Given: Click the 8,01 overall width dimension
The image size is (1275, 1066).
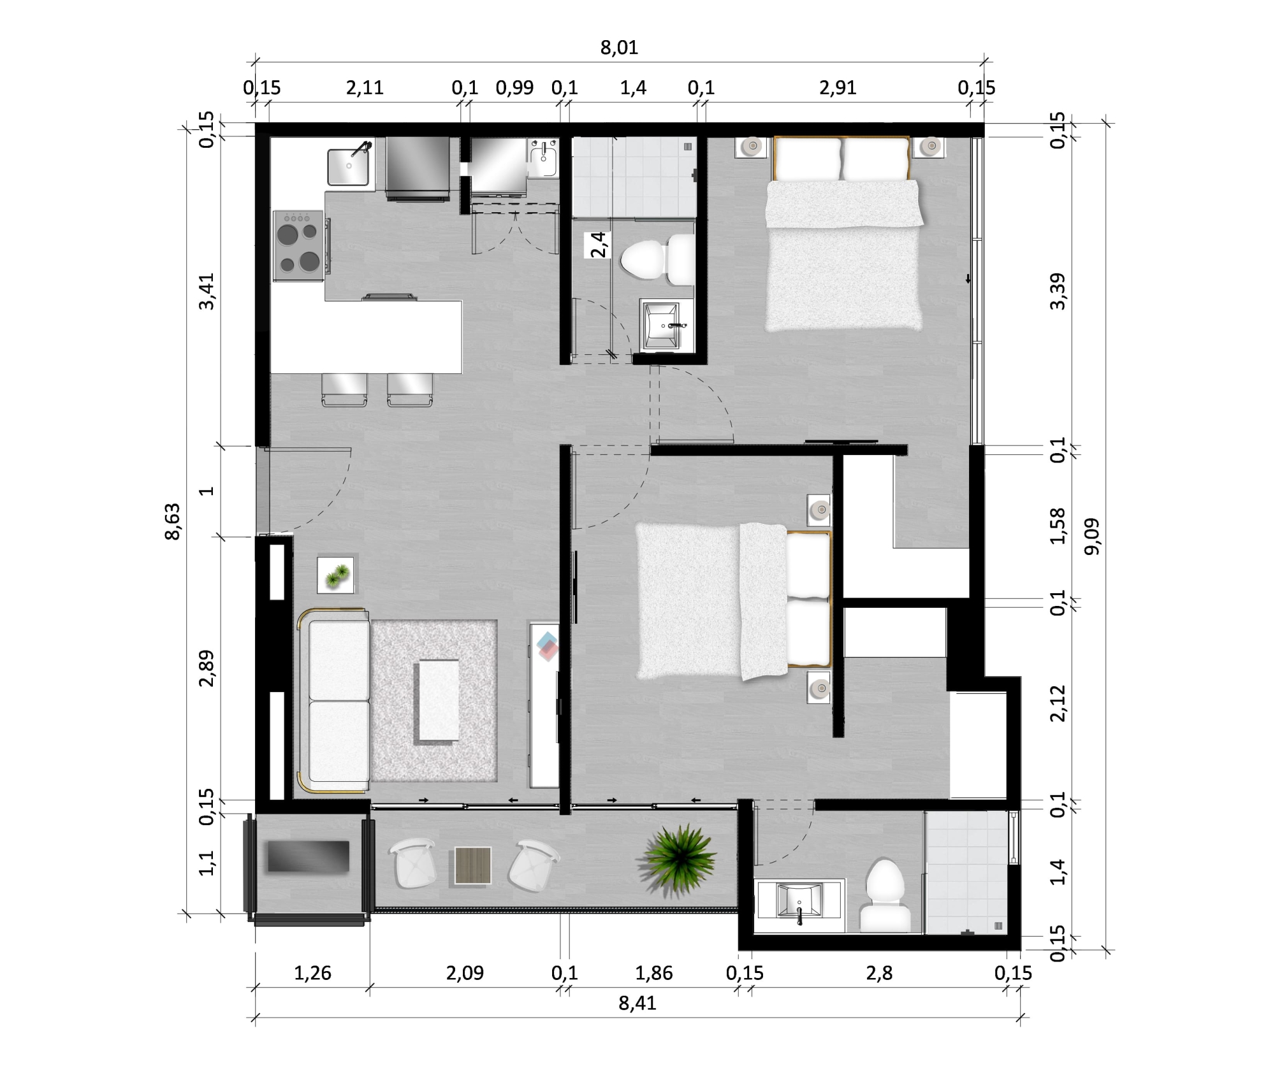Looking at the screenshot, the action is (619, 47).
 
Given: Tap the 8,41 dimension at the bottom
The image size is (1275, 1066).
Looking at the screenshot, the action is (637, 1003).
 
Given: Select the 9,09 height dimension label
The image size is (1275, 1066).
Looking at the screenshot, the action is (1092, 537).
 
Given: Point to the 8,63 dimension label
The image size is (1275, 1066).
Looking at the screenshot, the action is (172, 521).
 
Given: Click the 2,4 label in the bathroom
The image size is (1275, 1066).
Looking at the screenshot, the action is (598, 245).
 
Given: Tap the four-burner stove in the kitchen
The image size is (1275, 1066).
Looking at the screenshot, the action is (298, 245).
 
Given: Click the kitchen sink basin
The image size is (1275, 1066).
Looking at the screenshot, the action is (348, 166).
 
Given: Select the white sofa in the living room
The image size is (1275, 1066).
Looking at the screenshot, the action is (334, 701).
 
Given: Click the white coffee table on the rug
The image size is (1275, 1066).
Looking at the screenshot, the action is (438, 700).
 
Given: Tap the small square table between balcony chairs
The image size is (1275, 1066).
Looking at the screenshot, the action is (472, 865).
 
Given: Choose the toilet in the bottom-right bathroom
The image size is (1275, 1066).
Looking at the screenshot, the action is (885, 895).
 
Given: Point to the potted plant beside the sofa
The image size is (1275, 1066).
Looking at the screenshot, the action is (336, 575).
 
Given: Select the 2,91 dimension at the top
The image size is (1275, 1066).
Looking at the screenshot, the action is (838, 87).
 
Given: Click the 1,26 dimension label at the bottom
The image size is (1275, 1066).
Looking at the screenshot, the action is (312, 973).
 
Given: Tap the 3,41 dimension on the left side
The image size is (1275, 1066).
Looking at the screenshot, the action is (207, 291).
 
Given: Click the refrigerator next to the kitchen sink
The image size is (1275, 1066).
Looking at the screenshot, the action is (418, 167).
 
